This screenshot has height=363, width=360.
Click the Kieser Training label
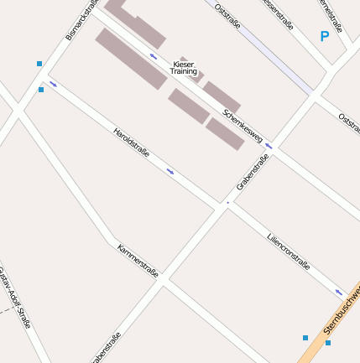click(183, 68)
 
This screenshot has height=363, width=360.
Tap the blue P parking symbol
click(325, 36)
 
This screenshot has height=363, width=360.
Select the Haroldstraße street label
click(131, 142)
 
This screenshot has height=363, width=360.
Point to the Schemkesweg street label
click(243, 126)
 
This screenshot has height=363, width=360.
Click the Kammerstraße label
click(138, 262)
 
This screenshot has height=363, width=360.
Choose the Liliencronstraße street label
click(289, 251)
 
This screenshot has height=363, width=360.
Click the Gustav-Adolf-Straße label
click(15, 297)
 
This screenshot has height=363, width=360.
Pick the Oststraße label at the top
click(227, 16)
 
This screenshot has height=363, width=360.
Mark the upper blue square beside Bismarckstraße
click(39, 64)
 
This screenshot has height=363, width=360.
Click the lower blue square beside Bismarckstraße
click(41, 90)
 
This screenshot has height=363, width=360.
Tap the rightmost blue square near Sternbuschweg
click(328, 342)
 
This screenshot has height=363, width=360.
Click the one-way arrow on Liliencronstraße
click(339, 293)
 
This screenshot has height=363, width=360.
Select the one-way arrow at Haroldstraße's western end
click(54, 84)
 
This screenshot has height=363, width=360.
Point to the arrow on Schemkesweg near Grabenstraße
click(269, 146)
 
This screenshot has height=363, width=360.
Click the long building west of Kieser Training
click(130, 59)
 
